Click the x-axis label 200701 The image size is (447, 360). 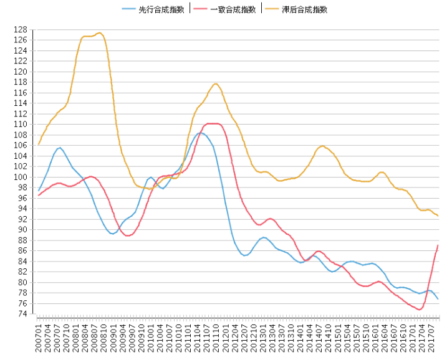pyautogui.click(x=39, y=337)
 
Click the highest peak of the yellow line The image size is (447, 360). pyautogui.click(x=100, y=32)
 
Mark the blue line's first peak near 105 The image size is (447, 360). pyautogui.click(x=59, y=148)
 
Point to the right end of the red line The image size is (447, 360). pyautogui.click(x=438, y=245)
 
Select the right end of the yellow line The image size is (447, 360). pyautogui.click(x=438, y=216)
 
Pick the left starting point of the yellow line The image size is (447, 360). pyautogui.click(x=39, y=144)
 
